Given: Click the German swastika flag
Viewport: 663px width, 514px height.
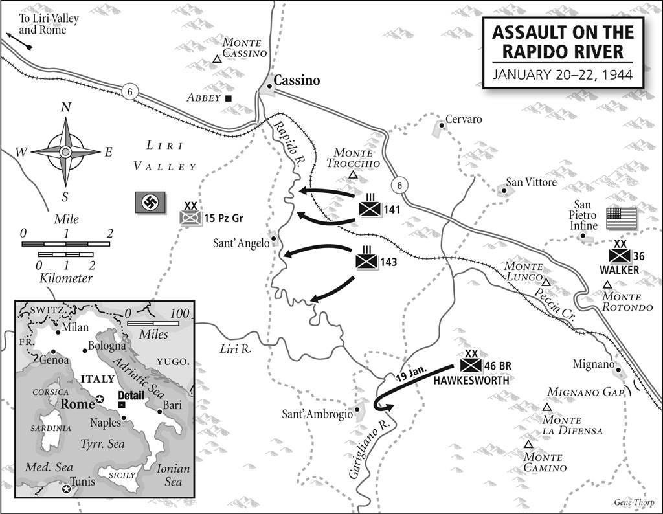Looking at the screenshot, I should [x=150, y=203].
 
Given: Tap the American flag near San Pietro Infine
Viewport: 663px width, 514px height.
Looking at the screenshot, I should [x=622, y=219].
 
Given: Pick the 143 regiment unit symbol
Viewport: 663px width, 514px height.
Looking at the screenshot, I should [x=366, y=262].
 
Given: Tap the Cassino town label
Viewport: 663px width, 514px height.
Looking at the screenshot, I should [x=297, y=81].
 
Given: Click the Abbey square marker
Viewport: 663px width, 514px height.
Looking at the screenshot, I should [x=229, y=98].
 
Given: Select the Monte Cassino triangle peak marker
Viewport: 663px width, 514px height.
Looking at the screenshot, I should [x=217, y=60].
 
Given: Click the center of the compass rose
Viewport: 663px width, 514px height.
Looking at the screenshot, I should [x=65, y=151].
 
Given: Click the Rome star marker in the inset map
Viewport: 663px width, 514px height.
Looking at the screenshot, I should [x=99, y=399].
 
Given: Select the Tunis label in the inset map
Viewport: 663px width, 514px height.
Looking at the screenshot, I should [x=84, y=482].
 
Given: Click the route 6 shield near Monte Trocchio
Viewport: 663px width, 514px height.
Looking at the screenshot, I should [x=400, y=185].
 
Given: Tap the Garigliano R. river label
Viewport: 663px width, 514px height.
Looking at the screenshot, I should [x=363, y=451].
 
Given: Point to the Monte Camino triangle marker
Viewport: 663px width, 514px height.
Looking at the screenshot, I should [x=529, y=444].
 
